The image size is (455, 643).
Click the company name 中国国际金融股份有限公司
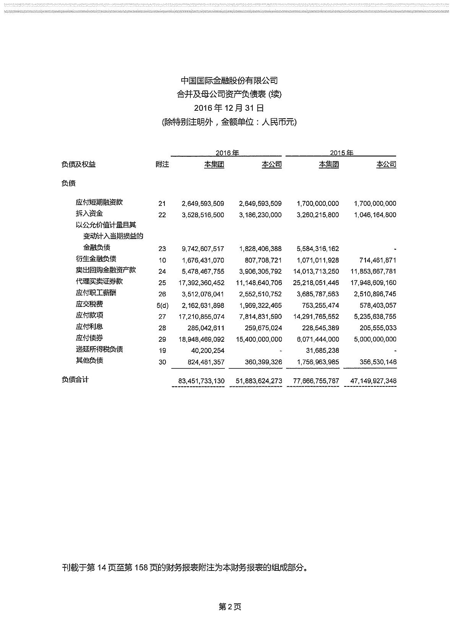(229, 81)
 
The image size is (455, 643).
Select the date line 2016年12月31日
(229, 108)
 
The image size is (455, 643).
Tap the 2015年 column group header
(341, 153)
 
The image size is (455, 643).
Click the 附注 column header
(162, 165)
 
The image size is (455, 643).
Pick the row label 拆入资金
(89, 213)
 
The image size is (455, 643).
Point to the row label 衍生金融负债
(96, 259)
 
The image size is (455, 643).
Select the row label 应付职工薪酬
(96, 293)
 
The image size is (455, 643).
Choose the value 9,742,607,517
(202, 249)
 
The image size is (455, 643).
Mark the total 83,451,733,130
(201, 381)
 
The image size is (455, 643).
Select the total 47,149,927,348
(373, 381)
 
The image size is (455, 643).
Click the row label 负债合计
(75, 380)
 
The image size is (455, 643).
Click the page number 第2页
(230, 607)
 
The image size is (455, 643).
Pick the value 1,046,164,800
(375, 215)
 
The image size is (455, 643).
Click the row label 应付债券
(89, 338)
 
